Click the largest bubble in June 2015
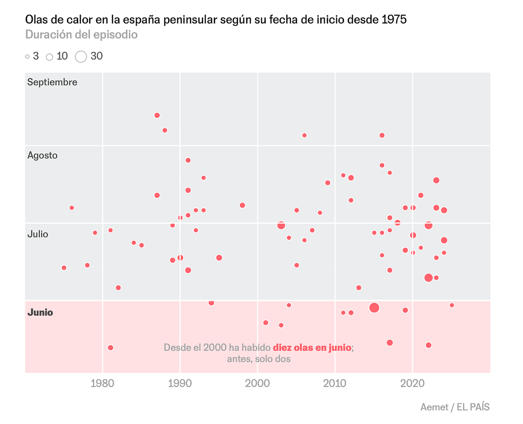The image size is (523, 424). tap(374, 307)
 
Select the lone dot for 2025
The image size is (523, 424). tap(451, 305)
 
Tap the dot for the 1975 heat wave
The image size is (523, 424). tap(64, 267)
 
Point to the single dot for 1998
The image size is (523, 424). tap(242, 205)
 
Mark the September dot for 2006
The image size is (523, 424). tap(304, 135)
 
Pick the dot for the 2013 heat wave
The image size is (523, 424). tap(358, 287)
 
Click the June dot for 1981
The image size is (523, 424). tap(110, 347)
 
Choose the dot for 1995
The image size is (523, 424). tap(219, 258)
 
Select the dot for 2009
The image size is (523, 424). tap(328, 183)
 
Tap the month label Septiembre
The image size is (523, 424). tap(52, 82)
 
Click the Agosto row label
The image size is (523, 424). tap(42, 155)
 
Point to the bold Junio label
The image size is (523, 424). tap(40, 313)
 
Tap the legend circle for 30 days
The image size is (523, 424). tap(81, 57)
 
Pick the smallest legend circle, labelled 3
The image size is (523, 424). tap(28, 57)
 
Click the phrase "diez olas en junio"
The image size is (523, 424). tap(312, 347)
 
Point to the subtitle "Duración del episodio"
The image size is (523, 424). tap(81, 35)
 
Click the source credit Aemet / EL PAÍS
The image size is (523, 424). tap(454, 407)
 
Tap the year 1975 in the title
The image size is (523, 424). tap(395, 20)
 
